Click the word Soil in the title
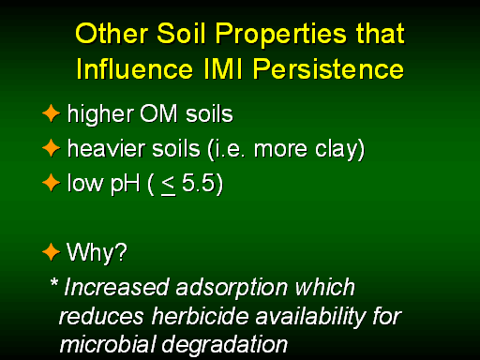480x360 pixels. tap(181, 33)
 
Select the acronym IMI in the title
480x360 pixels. tap(223, 68)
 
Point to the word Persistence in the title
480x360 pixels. tap(328, 68)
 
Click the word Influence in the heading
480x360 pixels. tap(134, 68)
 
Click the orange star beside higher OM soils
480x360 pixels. tap(51, 113)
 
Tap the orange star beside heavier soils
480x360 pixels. tap(51, 148)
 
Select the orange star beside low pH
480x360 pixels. tap(51, 183)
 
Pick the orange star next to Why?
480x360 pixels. tap(51, 252)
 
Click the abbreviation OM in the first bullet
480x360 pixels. tap(158, 113)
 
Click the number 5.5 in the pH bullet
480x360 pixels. tap(198, 183)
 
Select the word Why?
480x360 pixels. tap(97, 253)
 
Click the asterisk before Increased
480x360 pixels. tap(54, 282)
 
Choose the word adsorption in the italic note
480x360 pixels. tap(232, 289)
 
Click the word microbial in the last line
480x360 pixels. tap(108, 344)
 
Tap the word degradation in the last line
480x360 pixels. tap(224, 346)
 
